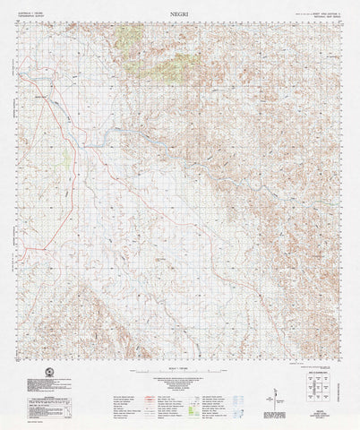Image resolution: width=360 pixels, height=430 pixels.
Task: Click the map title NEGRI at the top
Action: [x=180, y=6]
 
